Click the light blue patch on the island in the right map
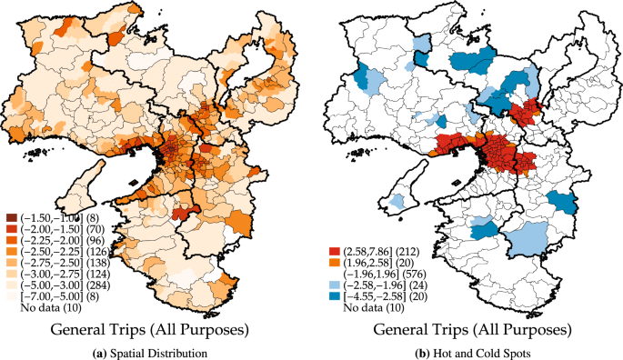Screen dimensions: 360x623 (396, 201)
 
